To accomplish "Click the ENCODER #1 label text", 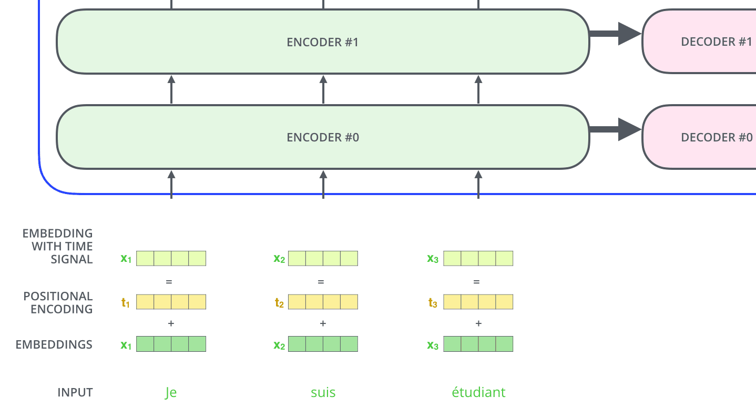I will (x=322, y=42).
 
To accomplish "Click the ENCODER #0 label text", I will (x=322, y=138).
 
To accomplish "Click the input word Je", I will (x=171, y=393).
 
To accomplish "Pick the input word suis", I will (x=323, y=393).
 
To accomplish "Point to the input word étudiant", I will (x=478, y=393).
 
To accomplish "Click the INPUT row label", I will (x=75, y=393).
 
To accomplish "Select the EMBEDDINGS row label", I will (x=54, y=345).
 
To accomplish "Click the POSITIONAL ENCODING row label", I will (x=58, y=303).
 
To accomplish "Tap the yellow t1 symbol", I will (x=126, y=302).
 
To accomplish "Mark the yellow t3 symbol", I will (x=433, y=302).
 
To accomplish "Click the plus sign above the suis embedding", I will (x=323, y=324).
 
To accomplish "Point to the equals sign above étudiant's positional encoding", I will (x=476, y=282).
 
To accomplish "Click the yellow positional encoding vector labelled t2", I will (x=323, y=302).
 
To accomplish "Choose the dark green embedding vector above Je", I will (x=171, y=344).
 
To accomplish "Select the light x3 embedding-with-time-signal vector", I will (x=478, y=258).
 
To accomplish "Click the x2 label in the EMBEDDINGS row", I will (x=279, y=345).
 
